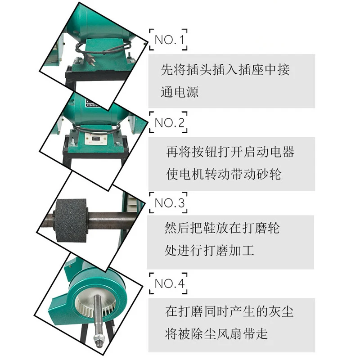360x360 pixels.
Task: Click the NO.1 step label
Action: tap(169, 40)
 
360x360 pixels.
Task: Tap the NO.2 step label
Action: tap(169, 122)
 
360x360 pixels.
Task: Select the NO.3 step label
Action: tap(169, 203)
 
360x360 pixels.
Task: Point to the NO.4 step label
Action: tap(169, 284)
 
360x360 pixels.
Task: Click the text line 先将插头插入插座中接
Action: tap(225, 70)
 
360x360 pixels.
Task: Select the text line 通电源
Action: tap(180, 92)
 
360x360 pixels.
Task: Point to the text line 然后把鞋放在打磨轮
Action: tap(222, 228)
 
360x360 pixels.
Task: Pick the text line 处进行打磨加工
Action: tap(209, 250)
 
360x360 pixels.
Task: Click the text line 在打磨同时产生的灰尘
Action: tap(229, 310)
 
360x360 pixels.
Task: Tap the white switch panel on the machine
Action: tap(96, 138)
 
